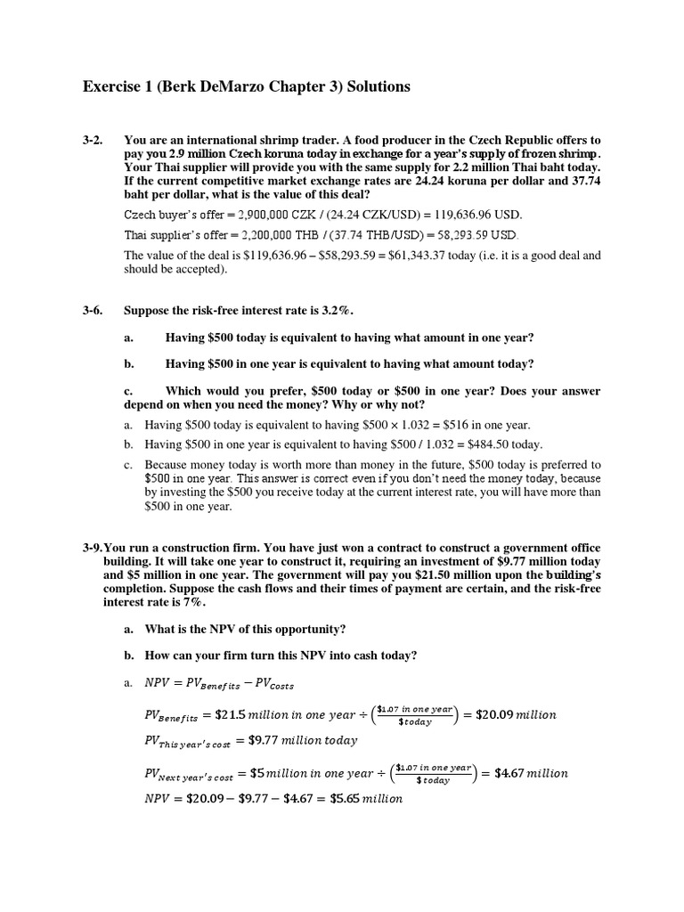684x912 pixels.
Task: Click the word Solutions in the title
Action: click(x=372, y=86)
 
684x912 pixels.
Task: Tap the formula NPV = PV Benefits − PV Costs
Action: click(x=218, y=684)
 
